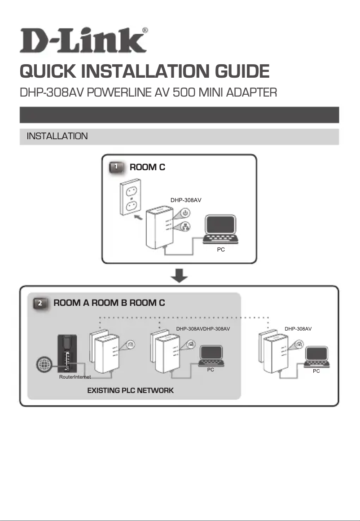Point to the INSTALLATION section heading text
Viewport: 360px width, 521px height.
(57, 136)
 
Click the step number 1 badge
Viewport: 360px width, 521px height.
(116, 167)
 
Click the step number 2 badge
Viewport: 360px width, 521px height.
(40, 304)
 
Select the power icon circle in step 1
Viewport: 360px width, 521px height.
(186, 212)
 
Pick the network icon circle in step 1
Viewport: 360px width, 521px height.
(186, 228)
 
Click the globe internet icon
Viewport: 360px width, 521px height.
(44, 364)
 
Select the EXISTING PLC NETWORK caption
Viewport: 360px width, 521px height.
(130, 391)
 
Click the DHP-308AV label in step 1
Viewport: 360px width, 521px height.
(186, 200)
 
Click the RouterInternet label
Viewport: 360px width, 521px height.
(75, 377)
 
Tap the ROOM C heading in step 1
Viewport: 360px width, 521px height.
(147, 168)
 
